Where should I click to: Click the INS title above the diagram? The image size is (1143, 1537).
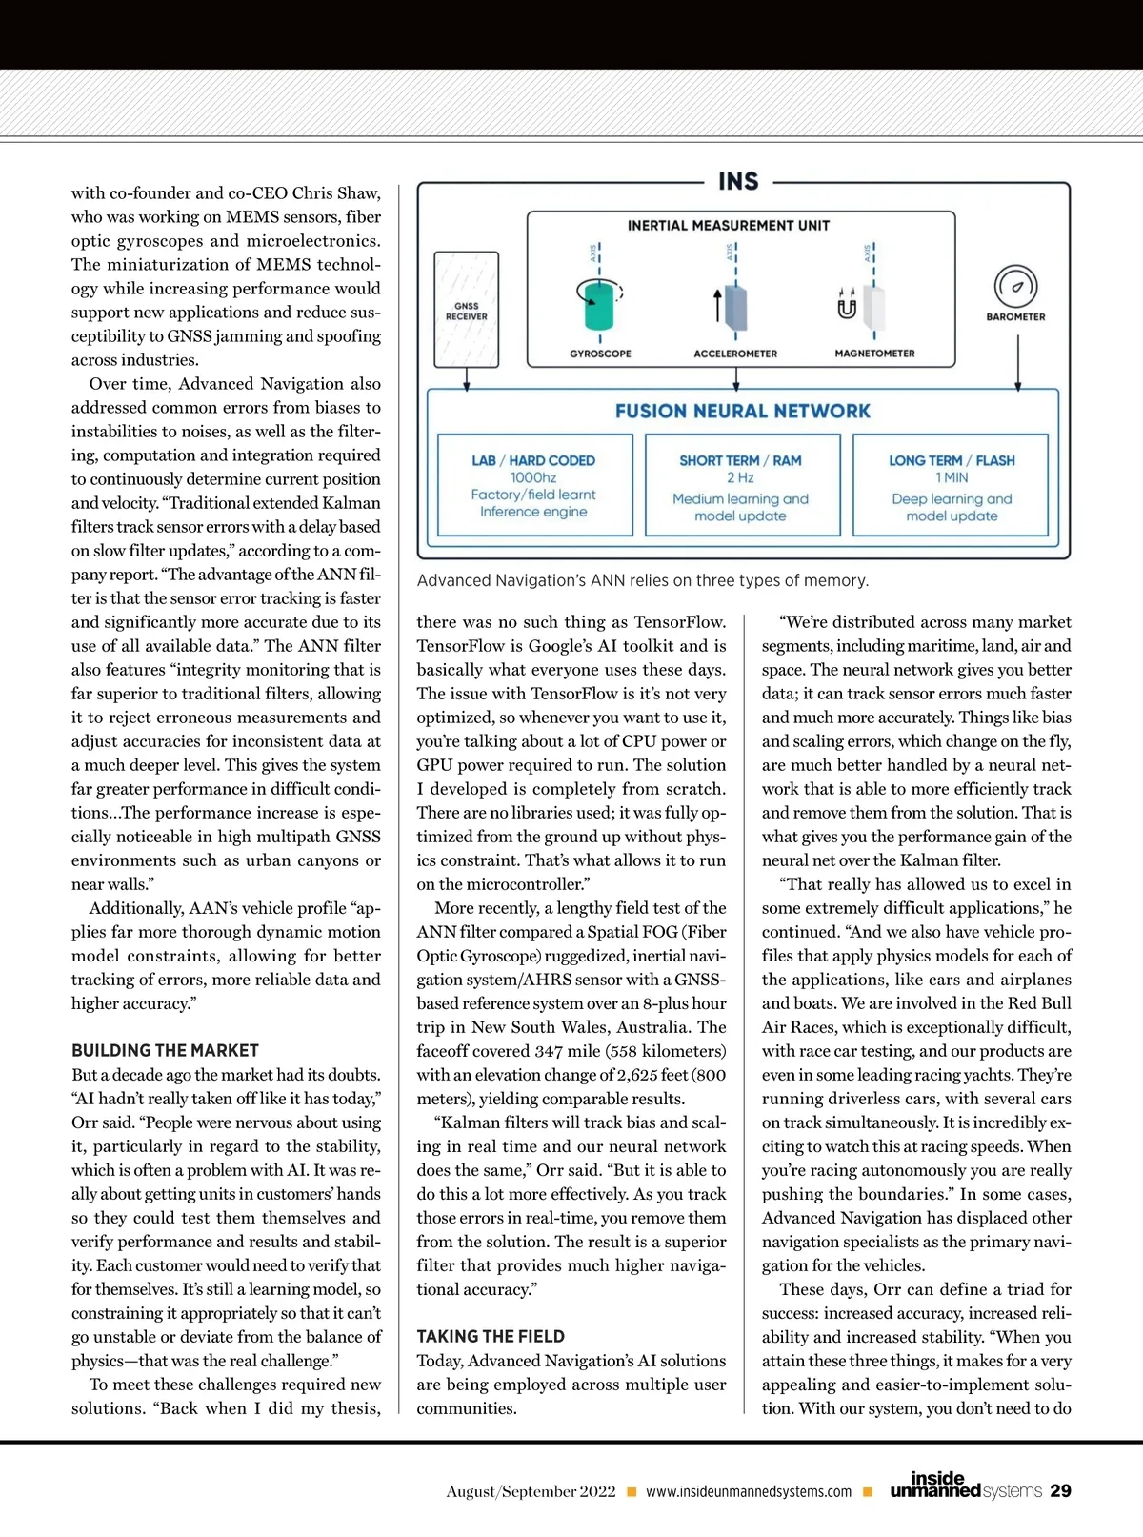click(738, 181)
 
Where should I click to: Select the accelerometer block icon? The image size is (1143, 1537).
click(735, 307)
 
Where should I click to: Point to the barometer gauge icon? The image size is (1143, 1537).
click(1015, 287)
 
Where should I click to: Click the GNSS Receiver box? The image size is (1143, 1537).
click(467, 310)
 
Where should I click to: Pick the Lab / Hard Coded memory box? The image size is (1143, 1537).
click(534, 485)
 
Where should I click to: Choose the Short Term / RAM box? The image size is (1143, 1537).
click(741, 486)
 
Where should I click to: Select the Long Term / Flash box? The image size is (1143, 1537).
click(952, 486)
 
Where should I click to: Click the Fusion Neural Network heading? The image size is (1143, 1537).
click(743, 411)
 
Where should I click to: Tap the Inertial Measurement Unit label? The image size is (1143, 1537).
click(729, 226)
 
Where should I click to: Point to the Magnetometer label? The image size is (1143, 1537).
click(874, 354)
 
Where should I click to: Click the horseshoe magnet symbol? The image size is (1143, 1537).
click(847, 307)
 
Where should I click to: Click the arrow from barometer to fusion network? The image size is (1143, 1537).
click(1018, 362)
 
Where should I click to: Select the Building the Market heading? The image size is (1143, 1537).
click(165, 1050)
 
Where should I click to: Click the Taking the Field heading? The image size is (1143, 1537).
click(491, 1336)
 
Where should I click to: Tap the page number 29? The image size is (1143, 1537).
click(1060, 1490)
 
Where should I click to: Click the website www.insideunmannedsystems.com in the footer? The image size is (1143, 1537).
click(749, 1491)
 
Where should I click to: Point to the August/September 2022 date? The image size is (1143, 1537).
click(531, 1491)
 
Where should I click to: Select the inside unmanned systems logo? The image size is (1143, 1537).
click(965, 1486)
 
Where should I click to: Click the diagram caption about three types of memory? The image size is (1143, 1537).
click(643, 580)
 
